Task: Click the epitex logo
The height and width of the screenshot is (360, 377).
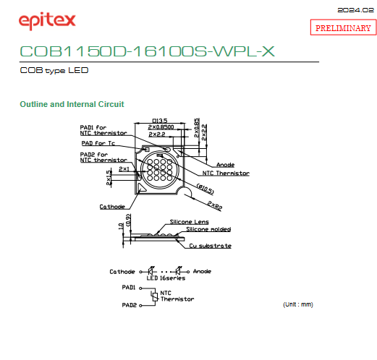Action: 47,21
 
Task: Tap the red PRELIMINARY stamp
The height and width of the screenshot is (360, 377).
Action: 343,27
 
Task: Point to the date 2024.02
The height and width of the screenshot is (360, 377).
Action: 355,10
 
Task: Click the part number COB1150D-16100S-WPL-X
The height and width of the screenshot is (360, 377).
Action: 147,51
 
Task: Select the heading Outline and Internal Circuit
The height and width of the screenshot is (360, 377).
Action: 72,104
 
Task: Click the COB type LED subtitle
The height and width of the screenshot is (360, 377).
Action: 54,70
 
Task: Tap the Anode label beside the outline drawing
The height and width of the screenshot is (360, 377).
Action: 226,165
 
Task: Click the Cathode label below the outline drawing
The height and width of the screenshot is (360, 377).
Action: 112,207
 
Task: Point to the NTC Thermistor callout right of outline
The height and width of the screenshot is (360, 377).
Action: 226,173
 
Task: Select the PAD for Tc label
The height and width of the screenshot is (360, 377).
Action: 98,143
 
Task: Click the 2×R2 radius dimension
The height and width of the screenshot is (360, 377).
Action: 215,205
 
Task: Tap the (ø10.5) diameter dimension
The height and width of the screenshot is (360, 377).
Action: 206,189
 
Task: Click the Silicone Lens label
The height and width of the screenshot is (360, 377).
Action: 190,222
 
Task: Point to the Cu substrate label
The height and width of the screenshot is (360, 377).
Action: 211,246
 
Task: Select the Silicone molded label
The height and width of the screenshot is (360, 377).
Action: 208,229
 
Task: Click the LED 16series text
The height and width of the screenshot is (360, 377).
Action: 166,278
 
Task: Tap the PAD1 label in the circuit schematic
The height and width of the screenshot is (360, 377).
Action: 129,287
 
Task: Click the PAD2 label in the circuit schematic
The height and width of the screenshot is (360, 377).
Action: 130,305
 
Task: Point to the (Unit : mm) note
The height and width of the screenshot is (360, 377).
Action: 298,304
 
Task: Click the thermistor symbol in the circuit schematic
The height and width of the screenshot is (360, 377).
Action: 155,296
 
